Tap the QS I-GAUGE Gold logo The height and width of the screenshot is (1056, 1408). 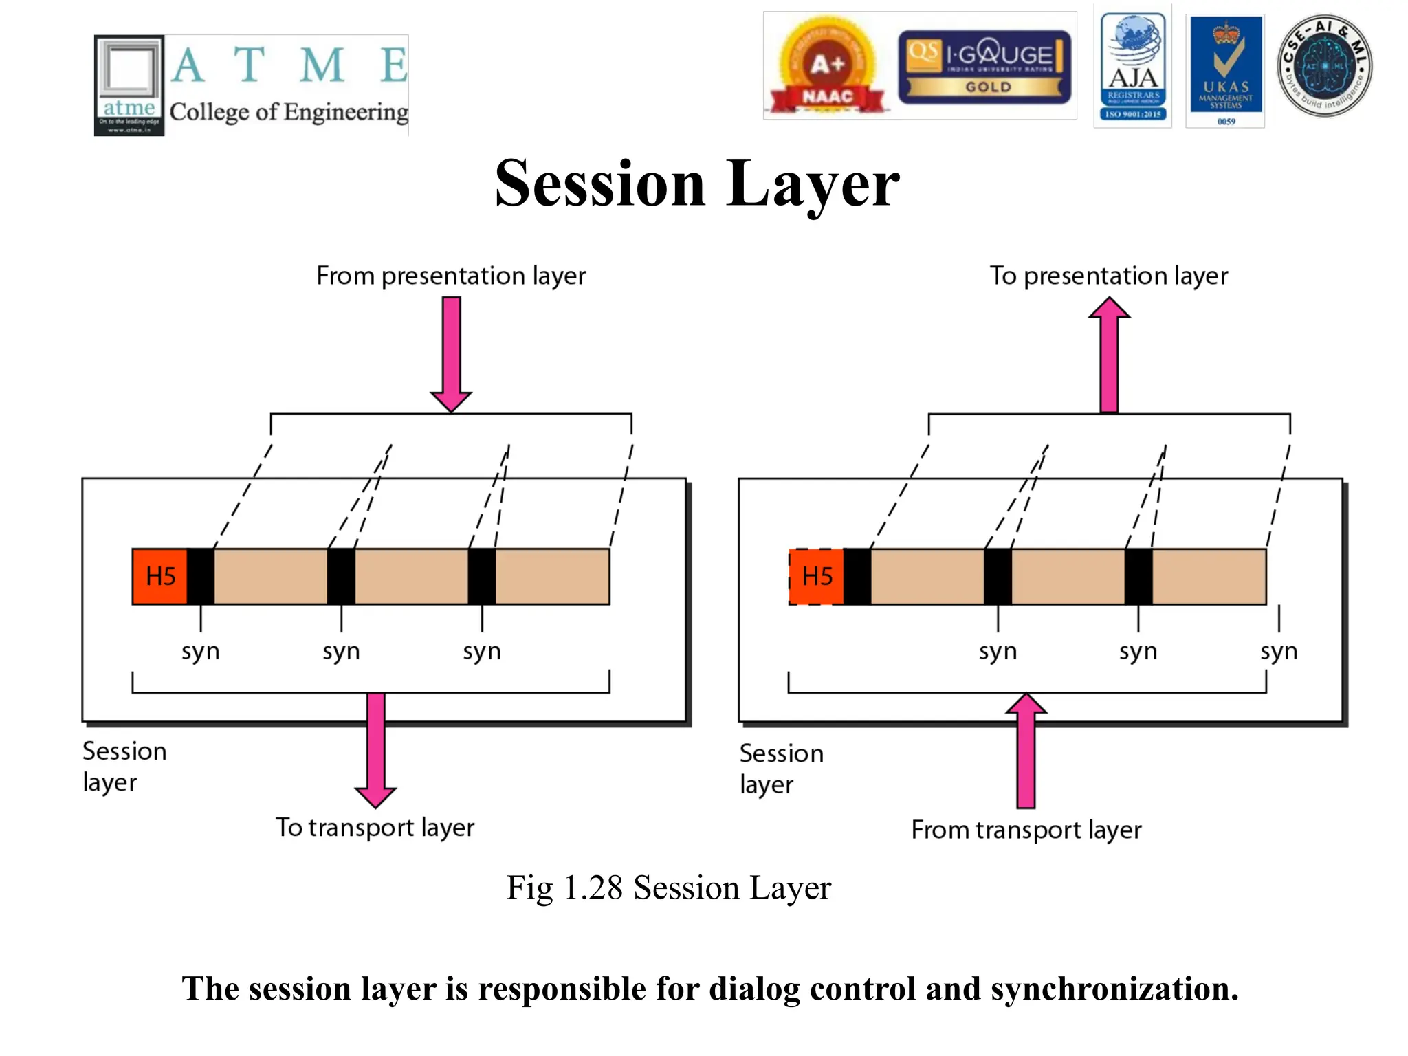coord(984,67)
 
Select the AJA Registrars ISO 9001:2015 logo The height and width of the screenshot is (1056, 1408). coord(1133,67)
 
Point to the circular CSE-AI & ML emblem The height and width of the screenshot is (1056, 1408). coord(1324,66)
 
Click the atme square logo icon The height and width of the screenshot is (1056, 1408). coord(129,85)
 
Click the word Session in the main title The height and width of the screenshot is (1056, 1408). coord(599,184)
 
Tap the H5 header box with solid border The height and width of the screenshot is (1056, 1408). coord(160,576)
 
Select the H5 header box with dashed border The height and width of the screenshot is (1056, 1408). coord(817,576)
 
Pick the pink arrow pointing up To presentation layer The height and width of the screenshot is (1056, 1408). coord(1109,353)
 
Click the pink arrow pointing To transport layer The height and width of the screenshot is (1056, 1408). coord(375,749)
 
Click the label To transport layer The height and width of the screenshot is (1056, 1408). coord(375,827)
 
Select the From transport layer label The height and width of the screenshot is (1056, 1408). coord(1026,830)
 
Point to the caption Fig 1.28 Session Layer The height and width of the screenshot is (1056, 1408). coord(668,888)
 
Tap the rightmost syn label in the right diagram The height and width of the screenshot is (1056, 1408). coord(1279,650)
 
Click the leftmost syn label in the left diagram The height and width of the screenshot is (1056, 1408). coord(200,650)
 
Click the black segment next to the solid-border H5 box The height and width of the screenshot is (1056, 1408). coord(201,576)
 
